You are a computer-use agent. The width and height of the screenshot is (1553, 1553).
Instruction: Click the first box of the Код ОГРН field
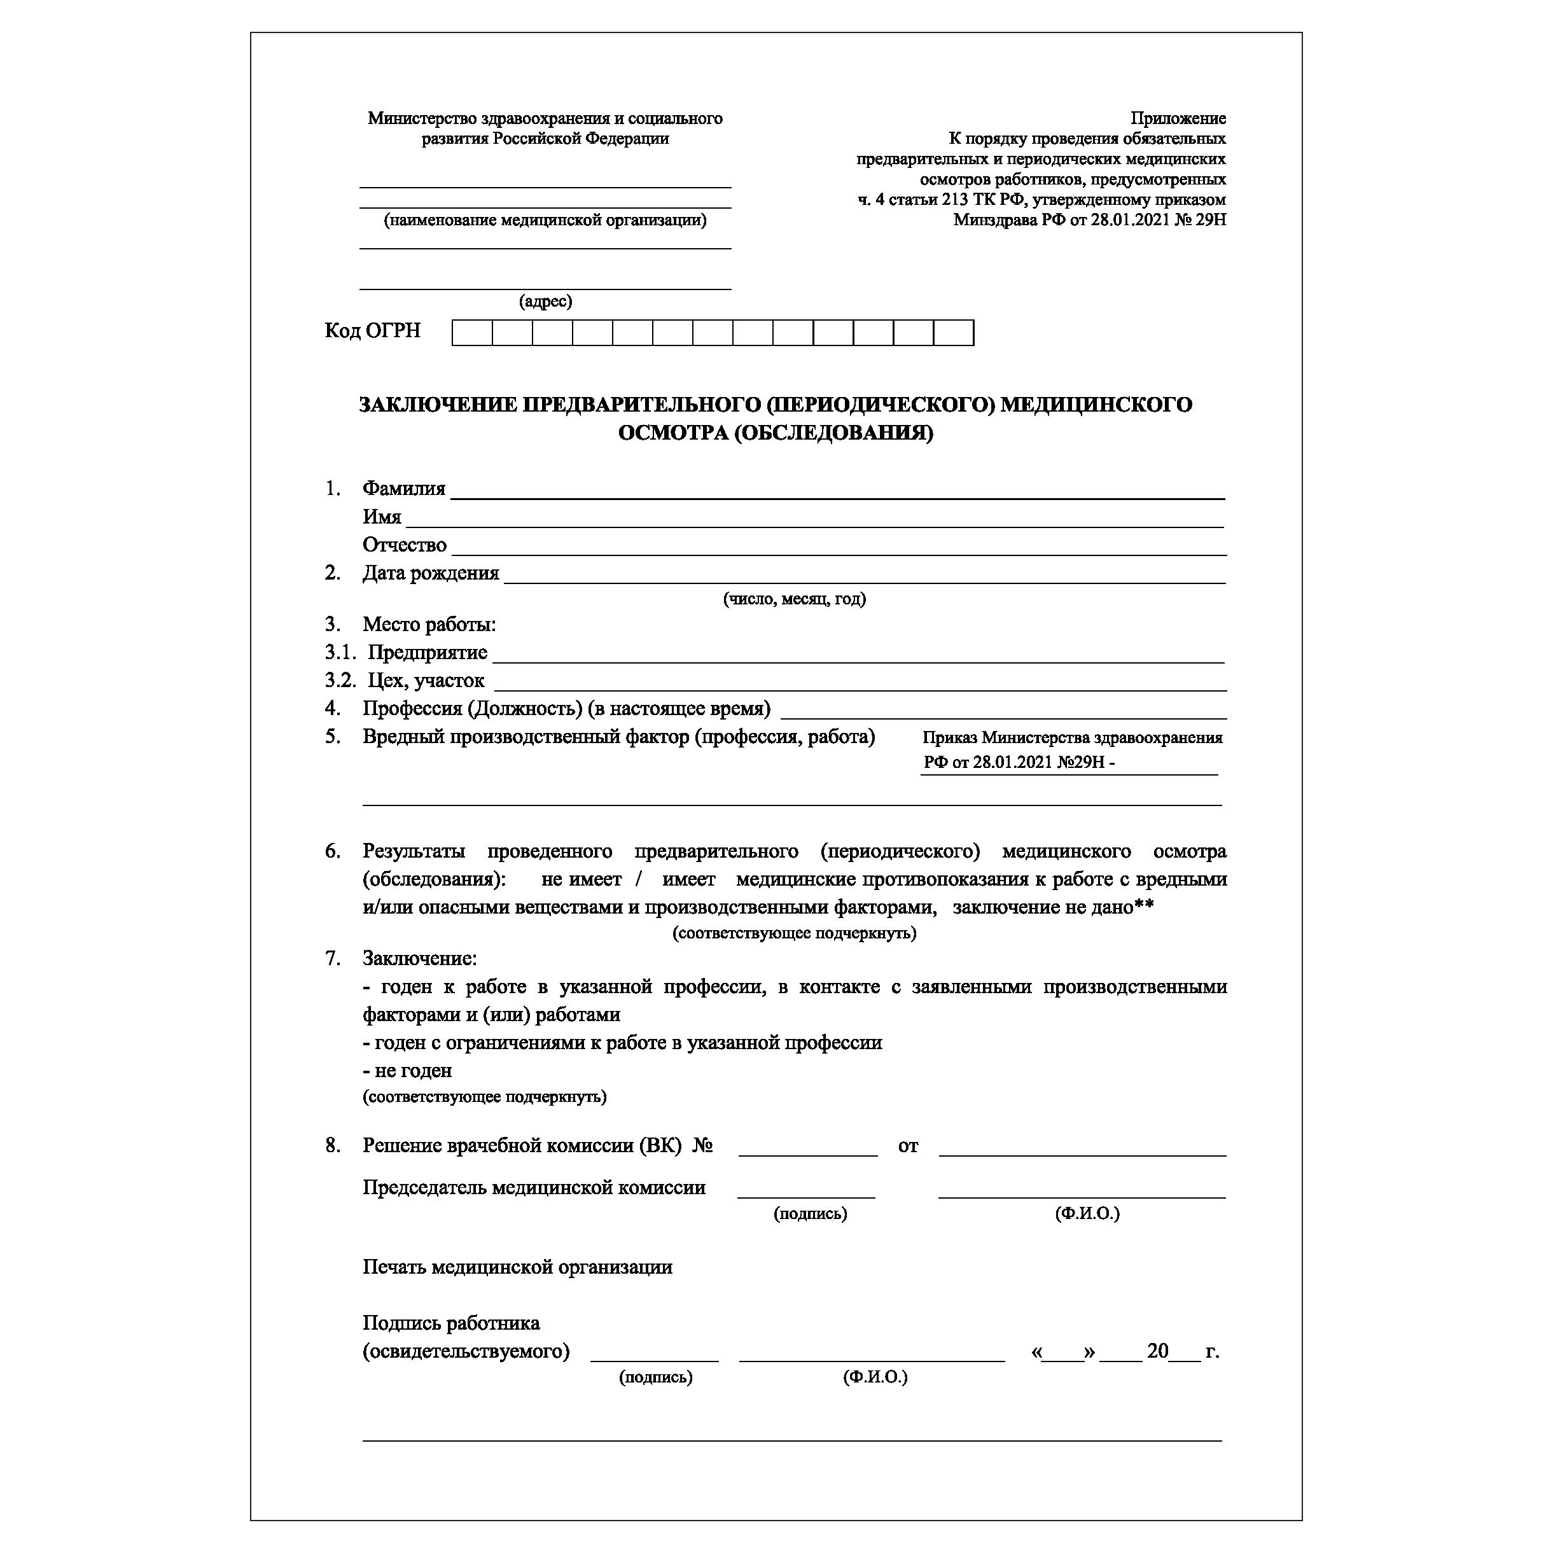tap(472, 333)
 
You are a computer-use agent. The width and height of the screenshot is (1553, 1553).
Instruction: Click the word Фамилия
tap(403, 489)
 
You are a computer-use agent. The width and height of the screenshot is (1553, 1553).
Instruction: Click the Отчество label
tap(405, 545)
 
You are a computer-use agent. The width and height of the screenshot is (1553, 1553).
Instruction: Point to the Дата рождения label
tap(430, 573)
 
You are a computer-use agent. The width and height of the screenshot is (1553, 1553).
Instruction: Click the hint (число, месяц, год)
tap(794, 599)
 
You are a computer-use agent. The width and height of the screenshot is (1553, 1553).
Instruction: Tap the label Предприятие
tap(427, 653)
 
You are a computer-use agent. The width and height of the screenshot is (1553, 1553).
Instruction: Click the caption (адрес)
tap(545, 302)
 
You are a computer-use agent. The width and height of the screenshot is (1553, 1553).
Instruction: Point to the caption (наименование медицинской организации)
tap(545, 220)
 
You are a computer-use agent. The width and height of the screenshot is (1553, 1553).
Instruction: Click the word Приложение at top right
tap(1178, 119)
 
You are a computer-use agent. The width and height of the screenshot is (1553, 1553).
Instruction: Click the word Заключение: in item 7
tap(420, 958)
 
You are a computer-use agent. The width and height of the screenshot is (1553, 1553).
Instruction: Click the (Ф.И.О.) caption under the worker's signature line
tap(875, 1377)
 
